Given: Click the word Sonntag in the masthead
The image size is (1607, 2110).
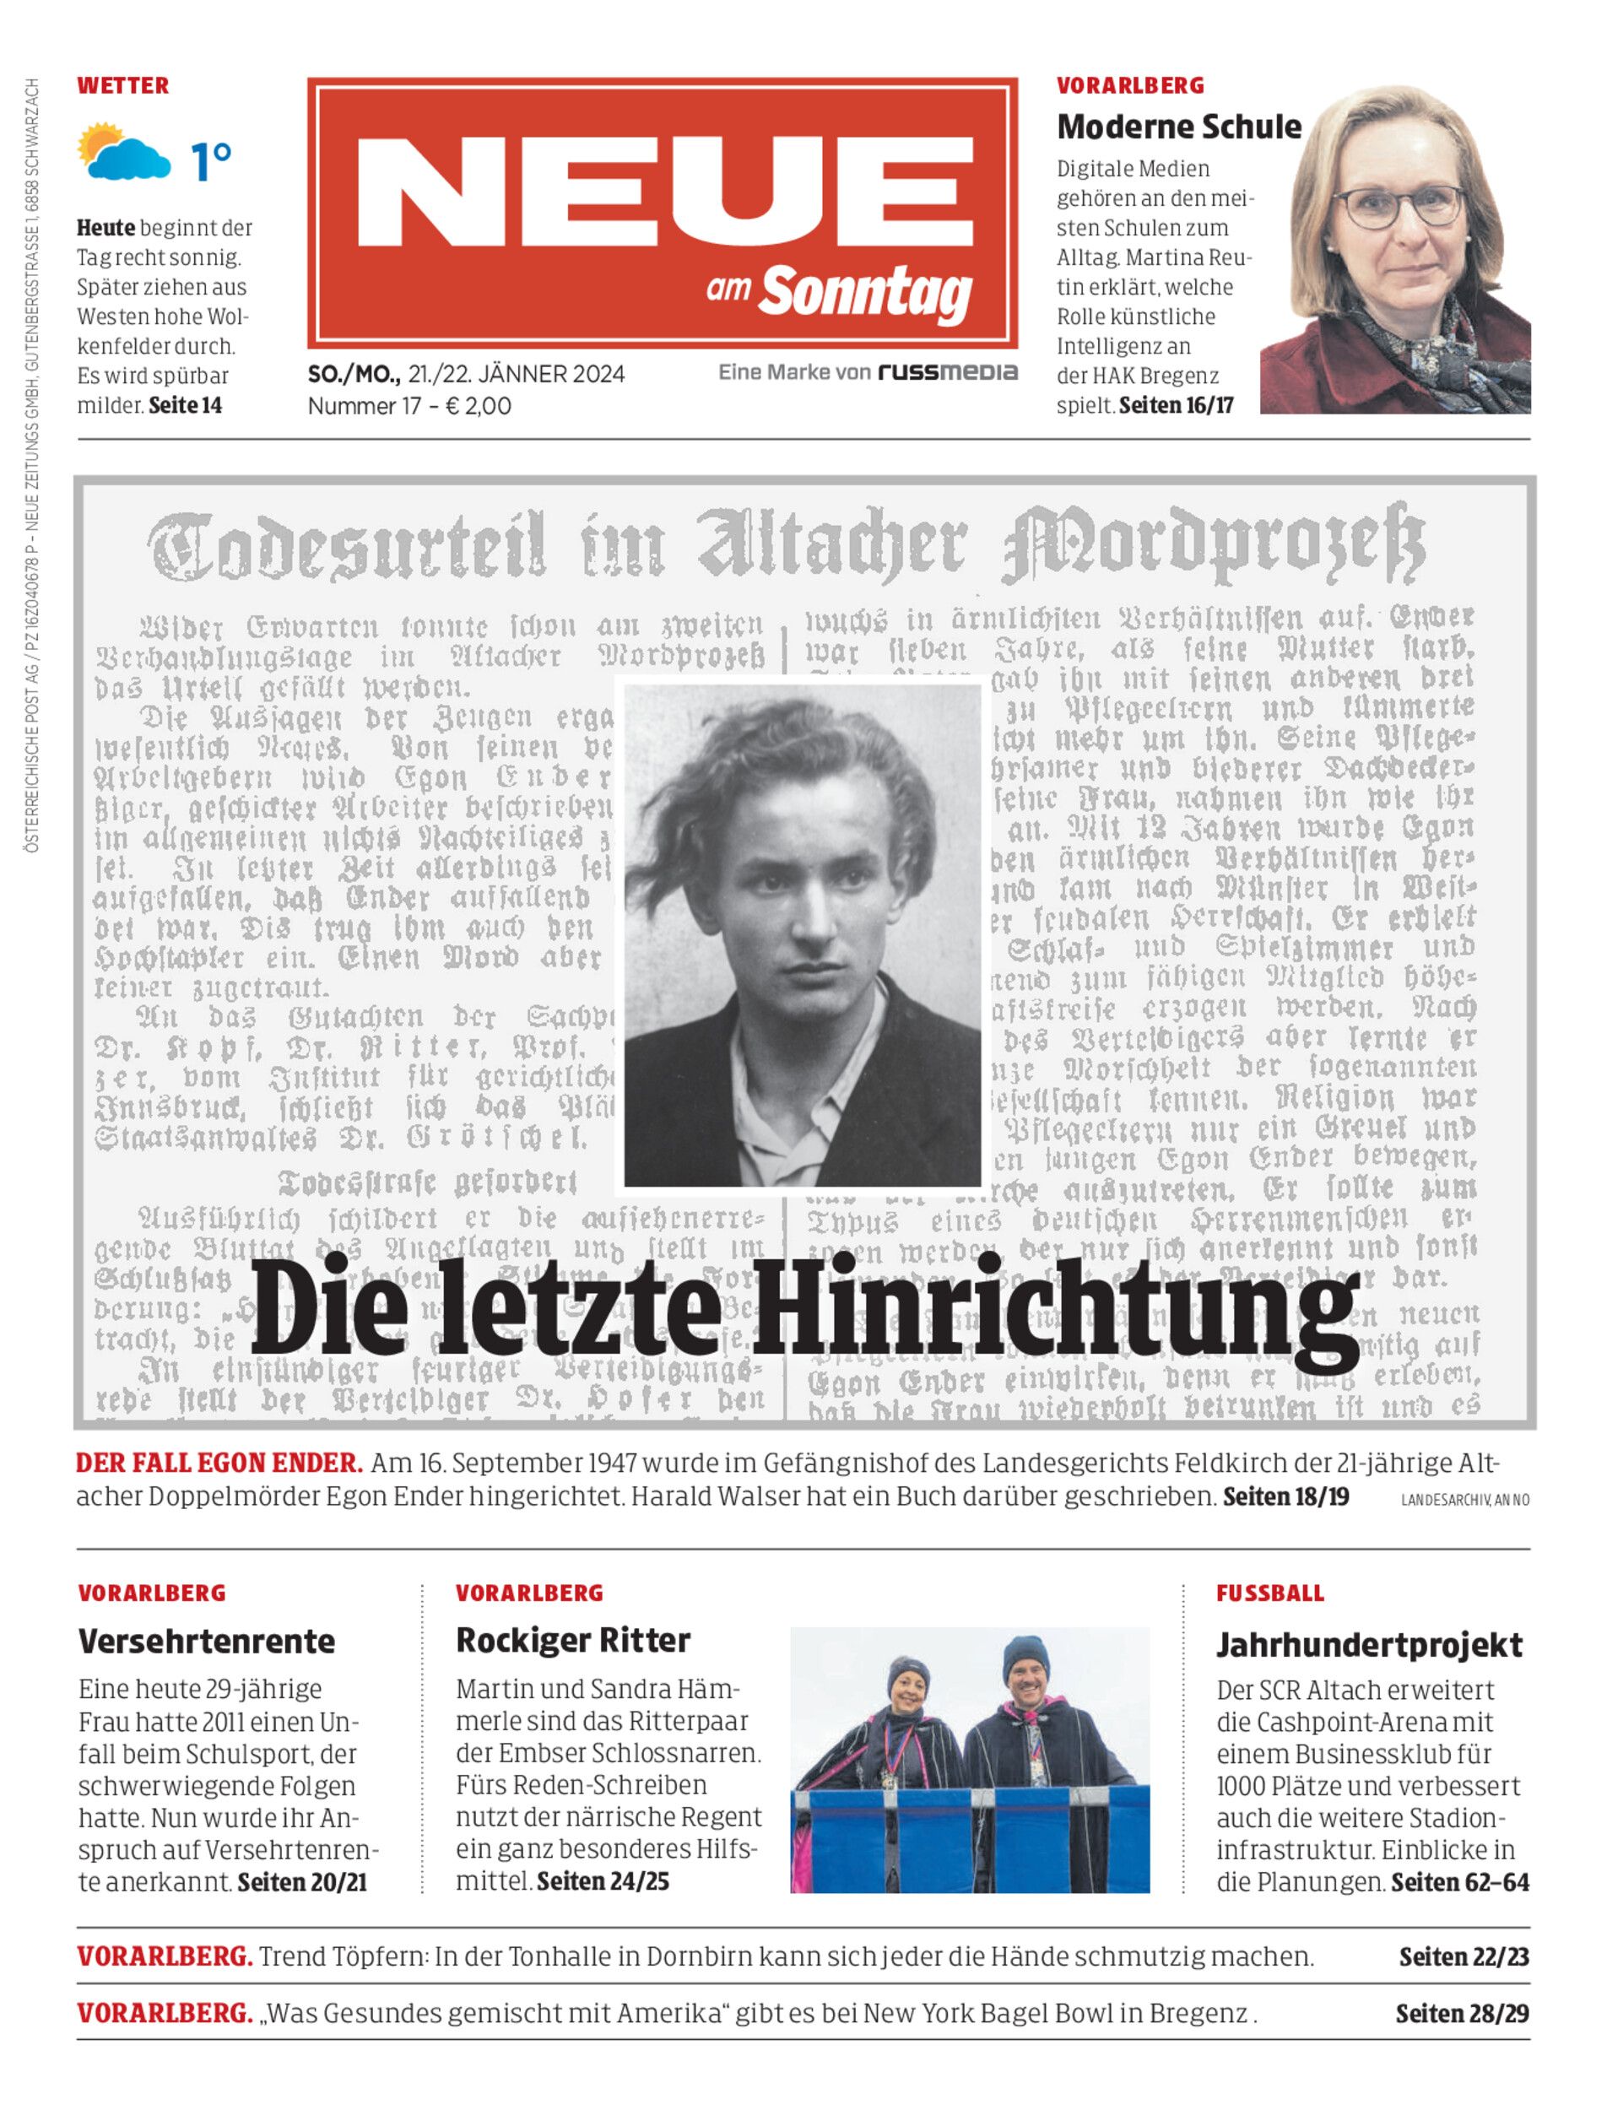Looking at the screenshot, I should click(866, 293).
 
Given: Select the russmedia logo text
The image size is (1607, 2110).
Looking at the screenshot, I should click(947, 372).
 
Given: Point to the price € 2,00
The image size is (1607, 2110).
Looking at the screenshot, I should click(479, 406).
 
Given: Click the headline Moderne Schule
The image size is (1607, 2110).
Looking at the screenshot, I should click(1178, 127).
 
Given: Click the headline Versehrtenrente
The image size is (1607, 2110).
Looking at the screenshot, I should click(207, 1642).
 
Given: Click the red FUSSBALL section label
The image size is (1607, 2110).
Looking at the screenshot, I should click(1270, 1593).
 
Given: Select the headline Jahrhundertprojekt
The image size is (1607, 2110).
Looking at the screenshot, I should click(1369, 1644).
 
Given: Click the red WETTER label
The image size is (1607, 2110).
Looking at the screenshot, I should click(122, 85).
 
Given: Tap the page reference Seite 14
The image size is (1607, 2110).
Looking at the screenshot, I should click(186, 406).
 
